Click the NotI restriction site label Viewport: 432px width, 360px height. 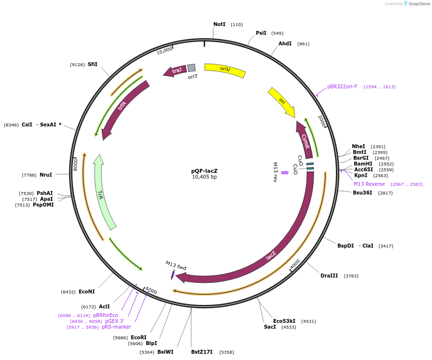[219, 24]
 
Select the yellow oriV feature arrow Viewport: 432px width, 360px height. [225, 70]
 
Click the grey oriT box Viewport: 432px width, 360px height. [192, 68]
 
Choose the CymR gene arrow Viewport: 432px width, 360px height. [305, 140]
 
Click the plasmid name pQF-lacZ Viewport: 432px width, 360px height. [204, 171]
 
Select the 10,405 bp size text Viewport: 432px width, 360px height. [204, 177]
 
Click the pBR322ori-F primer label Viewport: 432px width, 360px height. [342, 87]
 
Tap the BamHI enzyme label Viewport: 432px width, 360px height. [363, 164]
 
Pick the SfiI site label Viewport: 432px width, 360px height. [93, 64]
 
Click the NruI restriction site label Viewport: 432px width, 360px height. [46, 175]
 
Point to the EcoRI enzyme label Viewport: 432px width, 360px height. [139, 337]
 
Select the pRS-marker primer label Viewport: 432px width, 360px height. [116, 327]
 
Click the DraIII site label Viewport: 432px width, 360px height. [330, 276]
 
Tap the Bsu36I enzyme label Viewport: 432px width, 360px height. [363, 193]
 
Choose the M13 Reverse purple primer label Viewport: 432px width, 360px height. [369, 184]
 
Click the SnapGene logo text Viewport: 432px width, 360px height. [418, 4]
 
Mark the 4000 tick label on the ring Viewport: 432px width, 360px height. [295, 264]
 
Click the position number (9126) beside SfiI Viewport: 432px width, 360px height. [77, 65]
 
